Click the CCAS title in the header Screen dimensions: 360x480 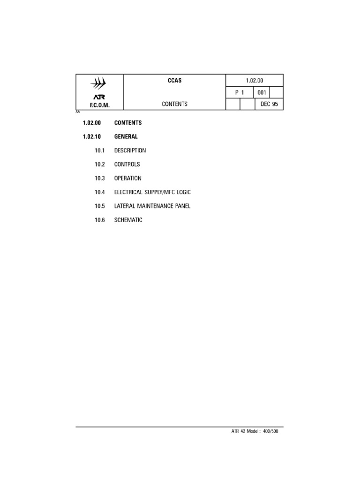[x=174, y=81]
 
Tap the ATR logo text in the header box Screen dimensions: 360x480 [x=99, y=97]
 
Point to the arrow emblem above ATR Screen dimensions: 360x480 [x=99, y=84]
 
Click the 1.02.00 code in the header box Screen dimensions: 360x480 [x=255, y=81]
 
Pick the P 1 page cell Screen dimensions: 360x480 [x=240, y=92]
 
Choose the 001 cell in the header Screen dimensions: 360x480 [x=262, y=92]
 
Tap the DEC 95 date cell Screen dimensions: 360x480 [x=269, y=104]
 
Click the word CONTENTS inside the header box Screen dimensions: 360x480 [x=174, y=104]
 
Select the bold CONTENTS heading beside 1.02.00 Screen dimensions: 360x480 [x=127, y=123]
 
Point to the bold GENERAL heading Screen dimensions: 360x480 [x=126, y=137]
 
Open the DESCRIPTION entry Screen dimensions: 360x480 [x=130, y=150]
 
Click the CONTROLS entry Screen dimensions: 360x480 [x=127, y=165]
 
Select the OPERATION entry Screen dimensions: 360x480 [x=127, y=178]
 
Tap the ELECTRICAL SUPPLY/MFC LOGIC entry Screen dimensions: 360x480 [x=152, y=192]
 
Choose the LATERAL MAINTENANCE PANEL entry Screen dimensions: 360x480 [x=152, y=206]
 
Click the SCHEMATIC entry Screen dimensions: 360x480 [x=128, y=220]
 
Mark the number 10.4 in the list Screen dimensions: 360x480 [x=100, y=192]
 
